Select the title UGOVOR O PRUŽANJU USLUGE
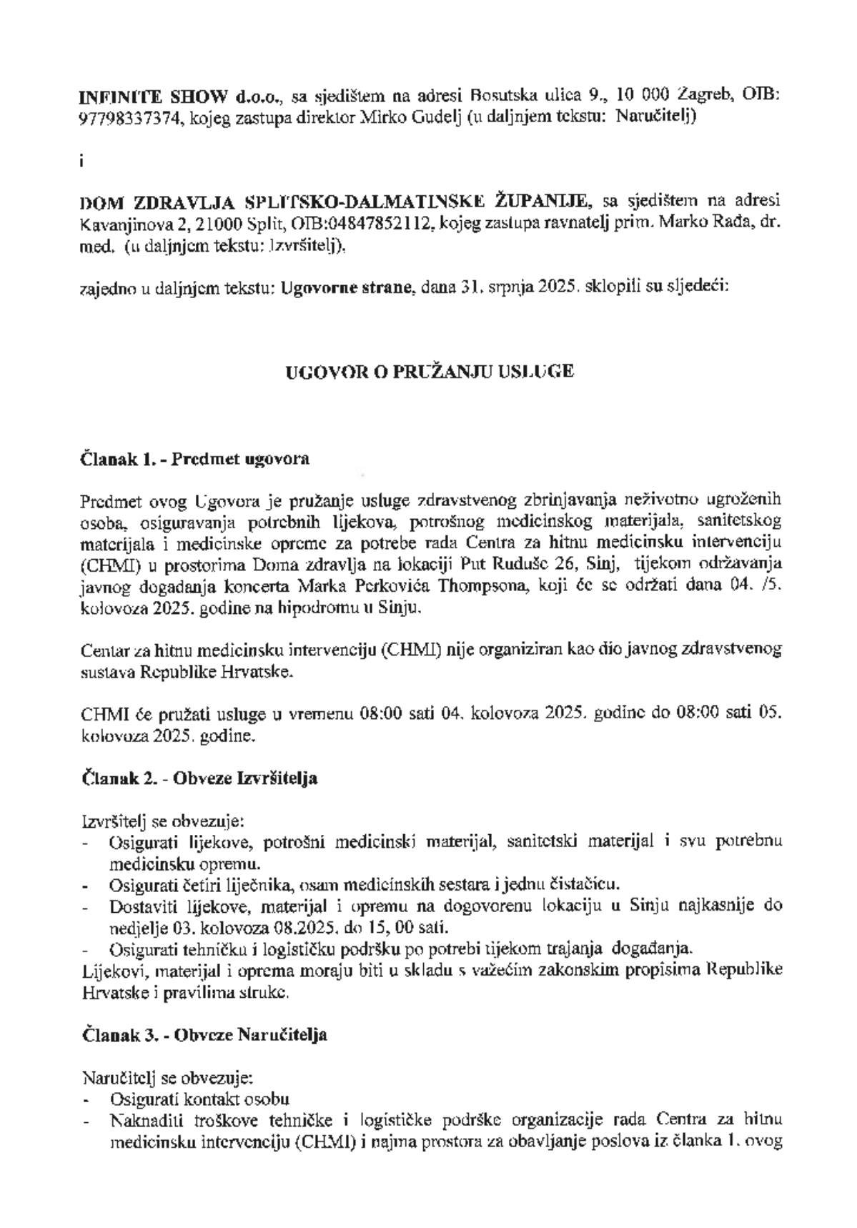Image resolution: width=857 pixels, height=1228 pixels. point(429,372)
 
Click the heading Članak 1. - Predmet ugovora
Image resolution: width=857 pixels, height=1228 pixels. point(194,460)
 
